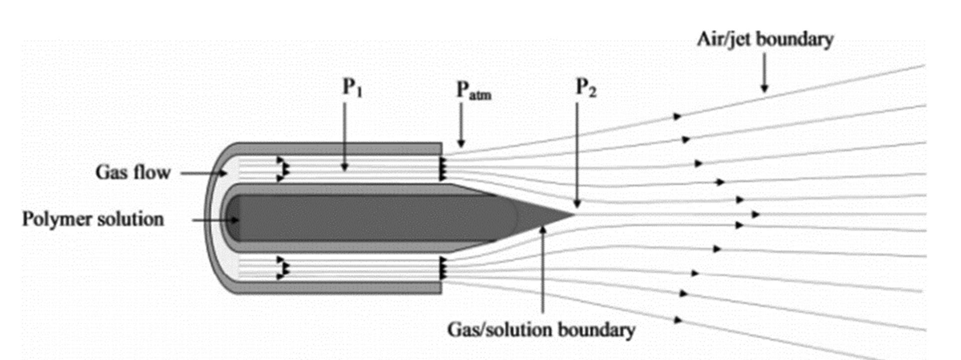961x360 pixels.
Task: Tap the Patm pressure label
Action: click(x=474, y=91)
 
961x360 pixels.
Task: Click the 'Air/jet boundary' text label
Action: click(x=765, y=39)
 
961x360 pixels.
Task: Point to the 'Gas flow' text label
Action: click(x=133, y=173)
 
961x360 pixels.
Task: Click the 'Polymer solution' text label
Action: click(x=93, y=219)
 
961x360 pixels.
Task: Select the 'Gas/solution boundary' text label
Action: click(x=541, y=330)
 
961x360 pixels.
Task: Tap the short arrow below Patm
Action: click(x=461, y=125)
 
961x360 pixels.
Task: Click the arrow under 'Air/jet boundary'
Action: click(x=764, y=73)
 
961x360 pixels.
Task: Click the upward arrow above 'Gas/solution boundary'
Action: click(x=543, y=269)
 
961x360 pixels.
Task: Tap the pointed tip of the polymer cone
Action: click(x=575, y=215)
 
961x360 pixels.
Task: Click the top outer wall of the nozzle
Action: click(x=339, y=148)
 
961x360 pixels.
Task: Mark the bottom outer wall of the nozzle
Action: click(x=339, y=288)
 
